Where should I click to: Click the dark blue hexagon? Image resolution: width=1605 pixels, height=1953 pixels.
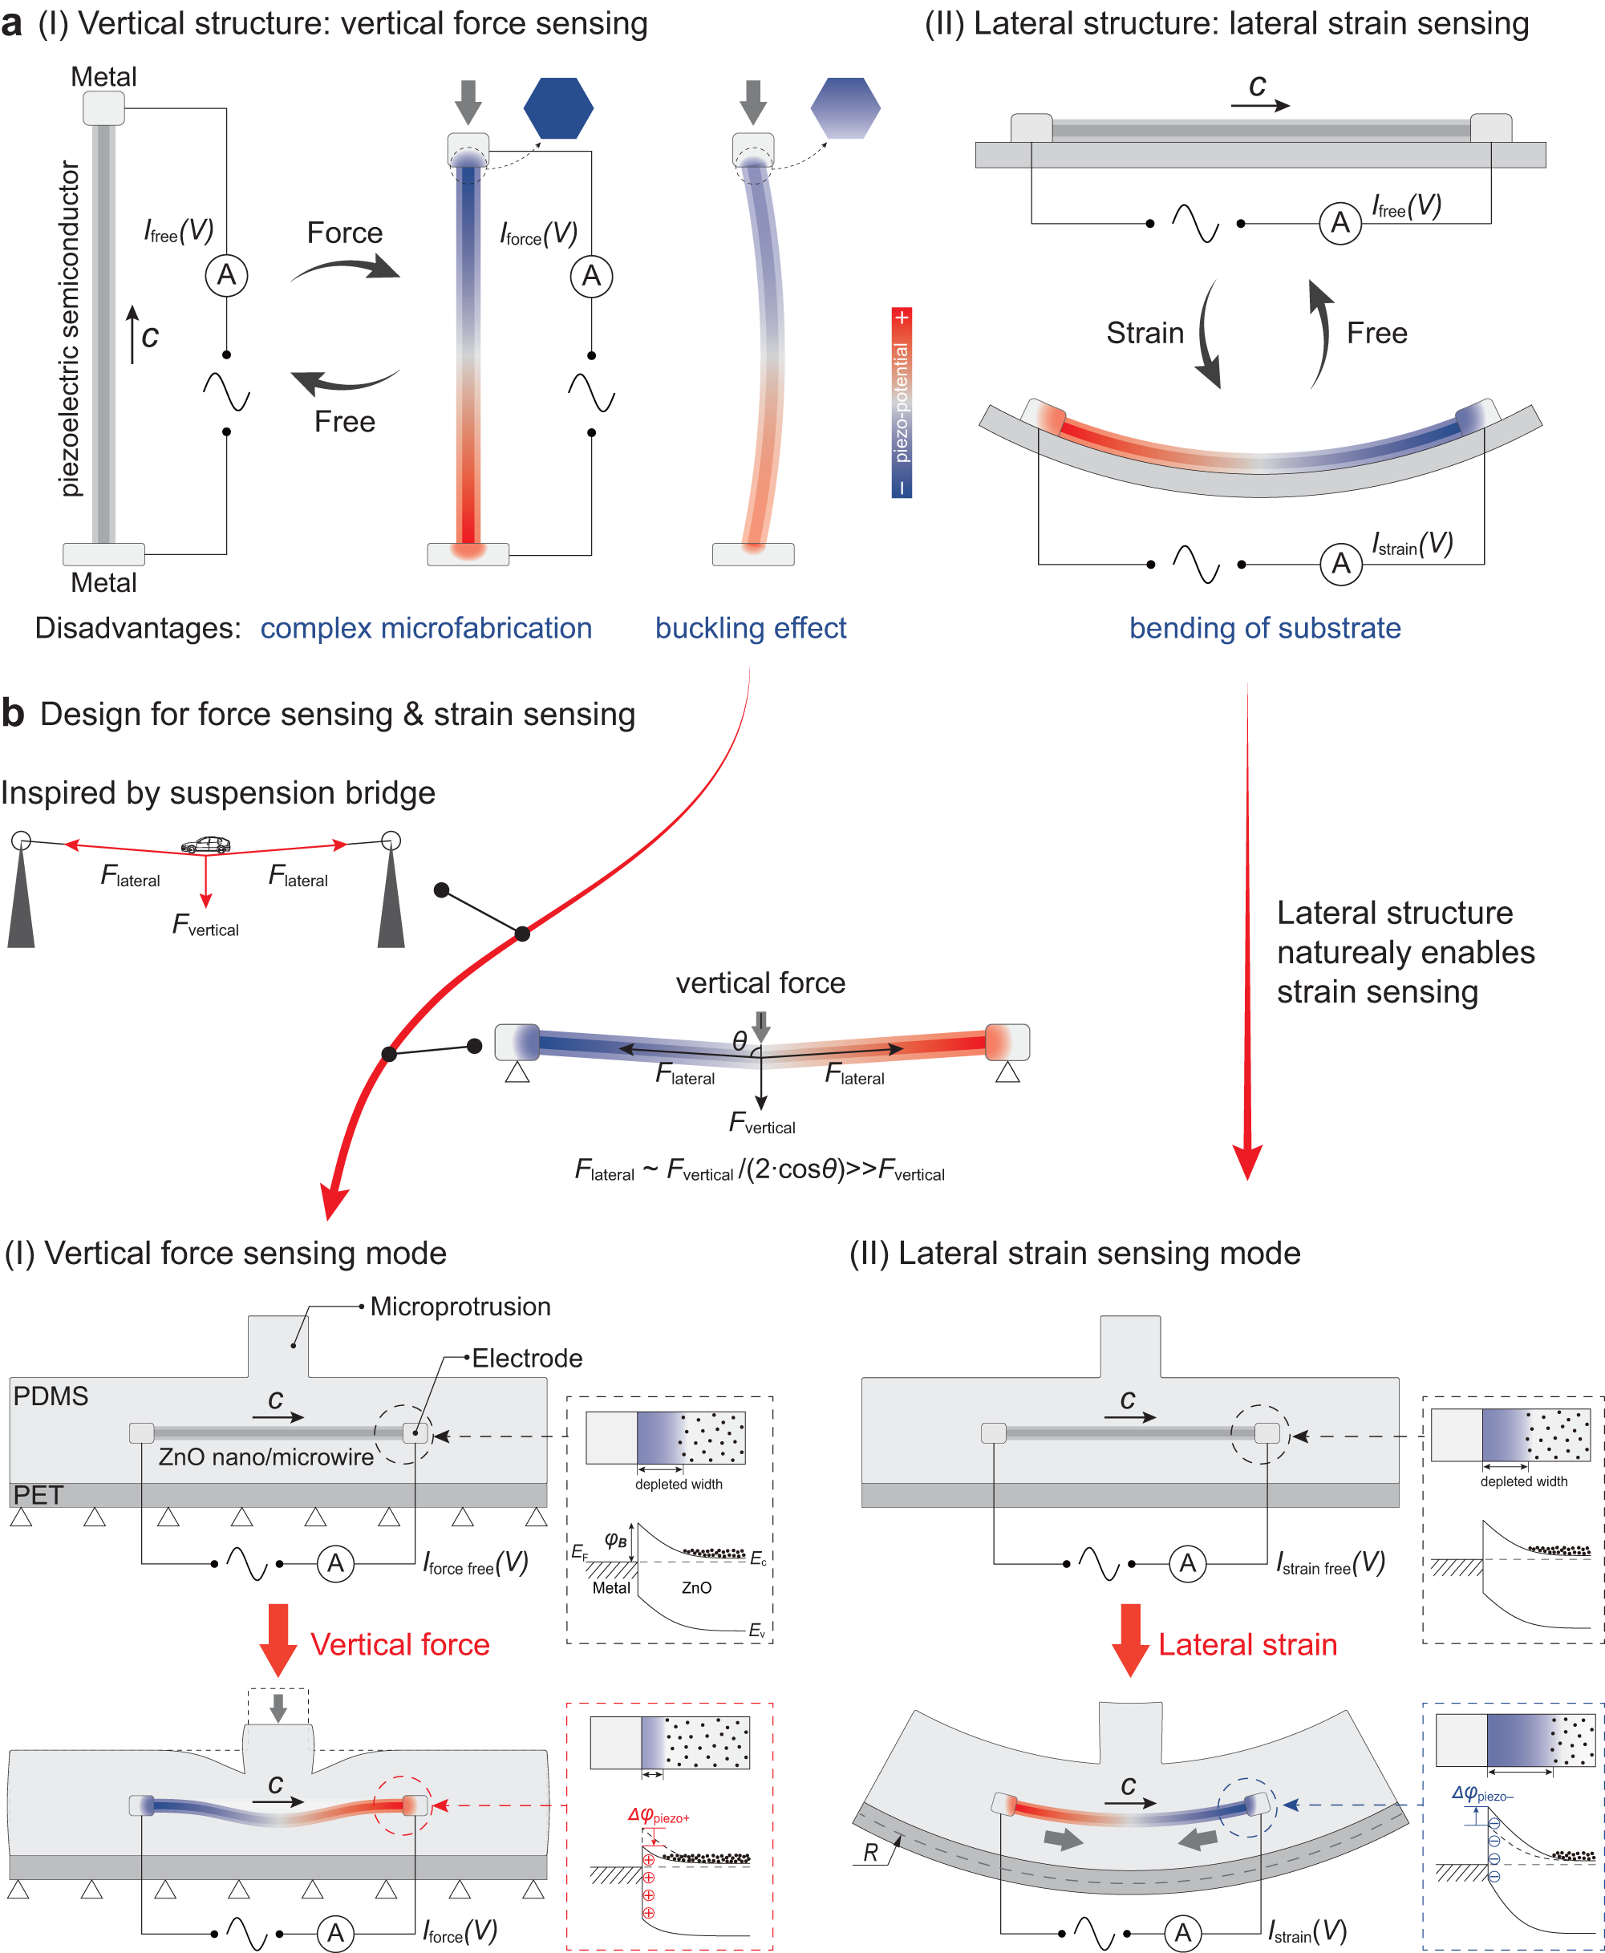557,108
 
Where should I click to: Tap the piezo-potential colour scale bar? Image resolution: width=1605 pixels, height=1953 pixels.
902,402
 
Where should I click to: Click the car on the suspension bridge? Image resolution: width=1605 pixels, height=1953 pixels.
205,844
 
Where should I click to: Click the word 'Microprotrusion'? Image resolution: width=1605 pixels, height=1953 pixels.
460,1306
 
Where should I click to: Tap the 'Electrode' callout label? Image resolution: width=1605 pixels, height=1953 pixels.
527,1358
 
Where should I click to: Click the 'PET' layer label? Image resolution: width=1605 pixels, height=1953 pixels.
38,1494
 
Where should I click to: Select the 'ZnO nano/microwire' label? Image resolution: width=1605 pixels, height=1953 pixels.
265,1457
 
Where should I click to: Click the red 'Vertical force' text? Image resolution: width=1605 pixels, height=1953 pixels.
399,1644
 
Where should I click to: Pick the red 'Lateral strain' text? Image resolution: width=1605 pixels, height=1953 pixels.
1247,1644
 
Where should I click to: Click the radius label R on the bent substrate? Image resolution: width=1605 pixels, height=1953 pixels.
870,1852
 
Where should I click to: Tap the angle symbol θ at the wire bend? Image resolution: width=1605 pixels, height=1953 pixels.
739,1041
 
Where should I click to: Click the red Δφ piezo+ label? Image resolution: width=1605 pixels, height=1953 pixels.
659,1816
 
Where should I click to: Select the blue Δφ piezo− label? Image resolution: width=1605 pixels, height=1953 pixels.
1481,1794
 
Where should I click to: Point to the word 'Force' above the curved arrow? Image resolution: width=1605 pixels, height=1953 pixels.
345,233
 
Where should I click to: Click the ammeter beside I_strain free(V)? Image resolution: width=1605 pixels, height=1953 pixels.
1187,1563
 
